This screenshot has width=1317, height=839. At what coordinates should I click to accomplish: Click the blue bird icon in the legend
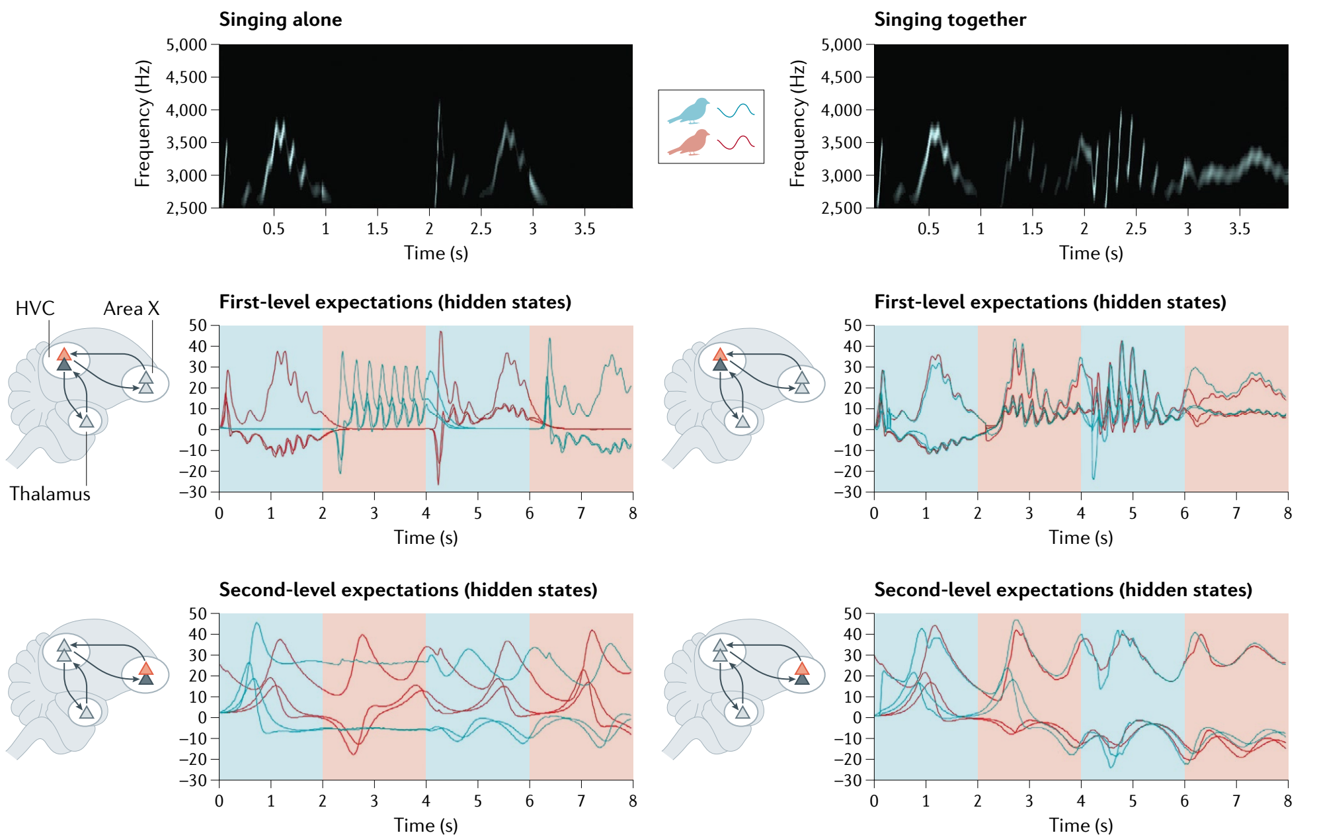689,111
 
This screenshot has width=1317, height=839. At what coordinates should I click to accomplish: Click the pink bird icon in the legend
689,143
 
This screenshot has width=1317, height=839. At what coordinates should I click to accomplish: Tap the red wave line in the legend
735,142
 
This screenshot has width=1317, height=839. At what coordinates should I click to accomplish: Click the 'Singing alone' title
280,20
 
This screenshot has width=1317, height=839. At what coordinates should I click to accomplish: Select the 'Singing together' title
949,20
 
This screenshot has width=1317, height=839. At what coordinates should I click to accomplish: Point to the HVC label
35,308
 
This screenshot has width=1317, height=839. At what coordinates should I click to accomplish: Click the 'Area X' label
131,308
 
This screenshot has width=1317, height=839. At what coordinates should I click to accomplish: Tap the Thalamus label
50,494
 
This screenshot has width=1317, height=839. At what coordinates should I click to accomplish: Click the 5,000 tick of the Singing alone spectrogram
186,45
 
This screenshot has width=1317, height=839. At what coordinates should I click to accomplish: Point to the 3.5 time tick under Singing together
1239,229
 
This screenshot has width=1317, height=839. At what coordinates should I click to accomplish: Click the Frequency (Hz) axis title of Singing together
797,124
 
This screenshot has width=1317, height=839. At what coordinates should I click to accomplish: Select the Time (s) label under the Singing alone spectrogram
436,253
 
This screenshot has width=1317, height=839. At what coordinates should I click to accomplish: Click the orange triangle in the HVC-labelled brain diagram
64,354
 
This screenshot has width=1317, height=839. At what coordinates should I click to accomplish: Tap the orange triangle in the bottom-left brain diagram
146,668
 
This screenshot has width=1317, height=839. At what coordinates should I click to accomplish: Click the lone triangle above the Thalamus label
87,421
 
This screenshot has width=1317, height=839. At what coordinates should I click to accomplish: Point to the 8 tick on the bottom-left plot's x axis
633,801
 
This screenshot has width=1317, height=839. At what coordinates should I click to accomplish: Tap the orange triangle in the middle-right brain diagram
720,354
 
